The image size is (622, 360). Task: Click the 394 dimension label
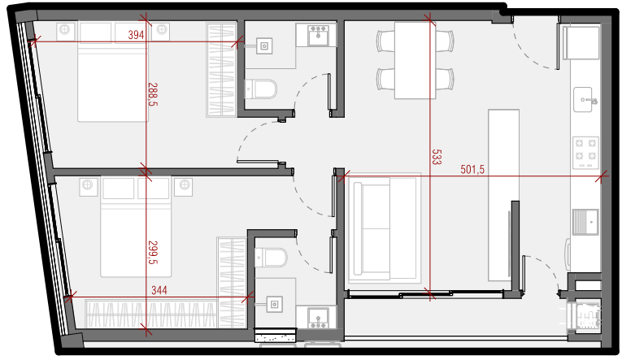(136, 35)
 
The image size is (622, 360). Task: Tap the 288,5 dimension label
(153, 94)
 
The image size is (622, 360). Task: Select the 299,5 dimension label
(153, 252)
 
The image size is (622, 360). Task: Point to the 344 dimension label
(159, 290)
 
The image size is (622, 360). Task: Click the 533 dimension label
(437, 157)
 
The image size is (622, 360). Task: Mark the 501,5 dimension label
(472, 170)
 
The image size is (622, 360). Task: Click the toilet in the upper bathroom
(261, 89)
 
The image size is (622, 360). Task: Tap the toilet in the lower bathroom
(271, 258)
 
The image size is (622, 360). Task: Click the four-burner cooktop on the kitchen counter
(585, 153)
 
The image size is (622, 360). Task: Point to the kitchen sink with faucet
(585, 99)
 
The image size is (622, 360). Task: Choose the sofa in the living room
(385, 228)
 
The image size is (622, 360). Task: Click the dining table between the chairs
(415, 60)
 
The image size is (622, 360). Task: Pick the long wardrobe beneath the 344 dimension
(151, 314)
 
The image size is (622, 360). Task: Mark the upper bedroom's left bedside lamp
(65, 29)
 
